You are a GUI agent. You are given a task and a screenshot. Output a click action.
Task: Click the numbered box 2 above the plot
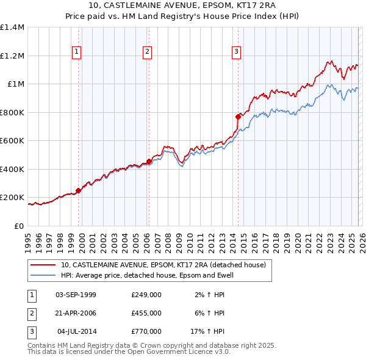coord(148,52)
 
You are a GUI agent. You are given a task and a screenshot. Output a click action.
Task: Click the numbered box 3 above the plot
coord(236,52)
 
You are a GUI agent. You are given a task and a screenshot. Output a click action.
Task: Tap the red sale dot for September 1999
coord(78,190)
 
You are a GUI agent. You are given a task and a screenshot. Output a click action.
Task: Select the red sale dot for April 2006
coord(149,161)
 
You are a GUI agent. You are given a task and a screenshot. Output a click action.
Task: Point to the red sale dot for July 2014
coord(238,116)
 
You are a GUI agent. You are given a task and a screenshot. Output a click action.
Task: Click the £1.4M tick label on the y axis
coord(12,27)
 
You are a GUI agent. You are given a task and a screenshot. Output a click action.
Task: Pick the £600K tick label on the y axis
coord(12,141)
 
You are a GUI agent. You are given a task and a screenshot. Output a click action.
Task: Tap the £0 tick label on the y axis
coord(18,226)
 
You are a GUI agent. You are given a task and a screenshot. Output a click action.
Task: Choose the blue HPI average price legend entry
coord(147,276)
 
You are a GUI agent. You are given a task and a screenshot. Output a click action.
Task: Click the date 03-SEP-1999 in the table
coord(76,295)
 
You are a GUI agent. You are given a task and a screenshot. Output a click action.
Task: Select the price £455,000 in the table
coord(146,313)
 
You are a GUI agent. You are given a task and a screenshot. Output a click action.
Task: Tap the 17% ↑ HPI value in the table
coord(207,331)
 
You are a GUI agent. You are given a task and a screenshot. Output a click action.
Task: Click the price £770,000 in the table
coord(146,331)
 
